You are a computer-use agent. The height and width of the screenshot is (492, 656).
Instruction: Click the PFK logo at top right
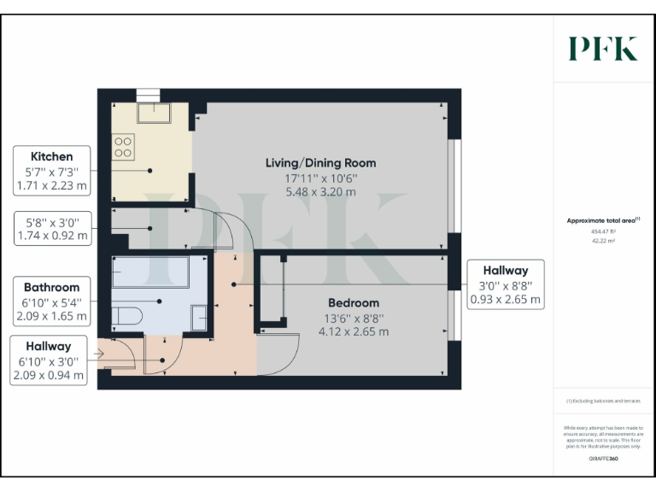(603, 49)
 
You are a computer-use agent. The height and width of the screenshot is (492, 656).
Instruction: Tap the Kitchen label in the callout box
(51, 157)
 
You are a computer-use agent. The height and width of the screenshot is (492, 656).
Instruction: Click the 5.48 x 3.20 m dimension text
(320, 192)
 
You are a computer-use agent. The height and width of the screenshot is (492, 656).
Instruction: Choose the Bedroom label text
(354, 303)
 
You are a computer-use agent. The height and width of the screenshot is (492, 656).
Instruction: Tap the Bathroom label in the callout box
(51, 288)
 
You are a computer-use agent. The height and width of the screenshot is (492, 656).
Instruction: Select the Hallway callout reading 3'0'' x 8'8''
(505, 284)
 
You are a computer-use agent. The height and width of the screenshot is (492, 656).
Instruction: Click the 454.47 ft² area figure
(603, 231)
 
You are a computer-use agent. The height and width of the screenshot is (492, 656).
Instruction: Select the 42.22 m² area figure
(603, 241)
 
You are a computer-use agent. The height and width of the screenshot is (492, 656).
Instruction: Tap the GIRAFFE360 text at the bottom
(603, 460)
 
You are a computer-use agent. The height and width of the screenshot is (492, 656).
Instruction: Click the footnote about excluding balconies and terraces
(603, 401)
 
